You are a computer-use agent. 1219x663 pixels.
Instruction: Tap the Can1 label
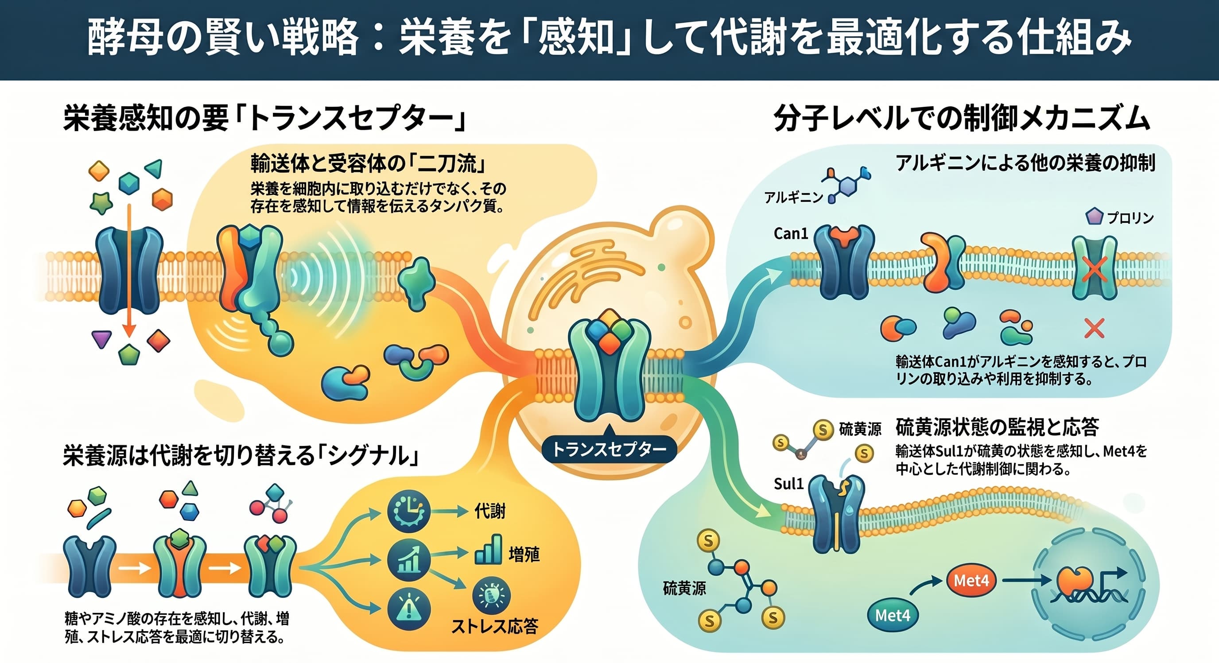[791, 233]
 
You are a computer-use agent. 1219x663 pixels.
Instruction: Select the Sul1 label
[789, 484]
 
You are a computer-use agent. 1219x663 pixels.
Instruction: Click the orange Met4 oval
[971, 580]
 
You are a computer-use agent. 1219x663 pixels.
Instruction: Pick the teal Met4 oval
[893, 615]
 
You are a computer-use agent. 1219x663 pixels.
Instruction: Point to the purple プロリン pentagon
[1094, 217]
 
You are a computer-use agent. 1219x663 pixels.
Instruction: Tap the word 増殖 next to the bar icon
[524, 554]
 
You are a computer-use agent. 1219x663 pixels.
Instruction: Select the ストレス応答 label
[495, 627]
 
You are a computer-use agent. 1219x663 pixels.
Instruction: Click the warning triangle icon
[408, 609]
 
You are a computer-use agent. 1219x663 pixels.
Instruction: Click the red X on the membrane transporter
[1095, 269]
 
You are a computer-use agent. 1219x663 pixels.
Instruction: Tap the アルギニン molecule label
[794, 198]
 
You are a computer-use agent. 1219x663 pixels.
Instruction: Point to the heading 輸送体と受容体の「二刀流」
[369, 164]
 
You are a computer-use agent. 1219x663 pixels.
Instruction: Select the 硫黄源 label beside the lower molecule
[684, 589]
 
